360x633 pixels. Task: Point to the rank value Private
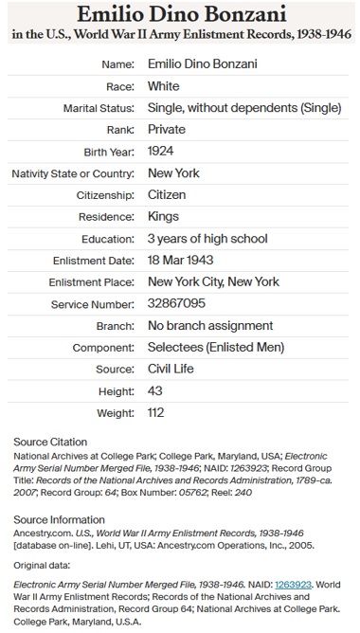167,130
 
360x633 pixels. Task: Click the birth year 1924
162,152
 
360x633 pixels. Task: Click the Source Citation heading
48,442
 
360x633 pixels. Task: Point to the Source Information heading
58,519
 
